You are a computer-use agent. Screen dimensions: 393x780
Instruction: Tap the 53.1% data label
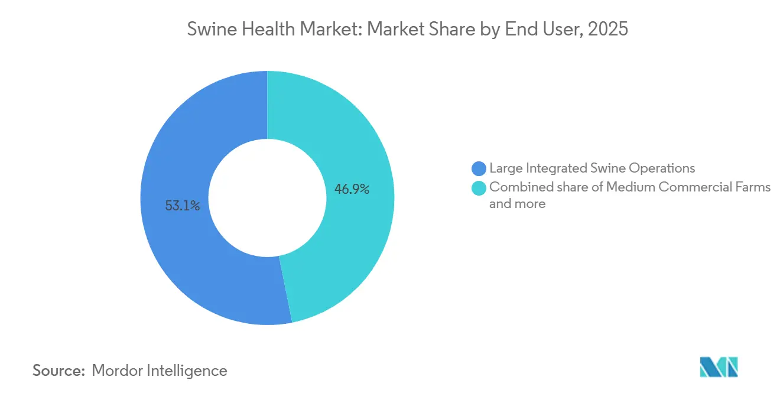pyautogui.click(x=183, y=206)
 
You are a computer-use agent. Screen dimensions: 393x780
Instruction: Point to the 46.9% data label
pyautogui.click(x=352, y=189)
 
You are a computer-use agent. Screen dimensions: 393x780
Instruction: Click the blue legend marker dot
pyautogui.click(x=479, y=168)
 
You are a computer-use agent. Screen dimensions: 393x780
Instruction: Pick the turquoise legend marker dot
pyautogui.click(x=479, y=188)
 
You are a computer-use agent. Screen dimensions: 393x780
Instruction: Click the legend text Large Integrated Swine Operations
pyautogui.click(x=592, y=168)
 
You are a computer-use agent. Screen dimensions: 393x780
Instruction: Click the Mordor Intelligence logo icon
pyautogui.click(x=719, y=367)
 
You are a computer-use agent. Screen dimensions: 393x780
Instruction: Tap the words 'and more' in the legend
pyautogui.click(x=517, y=204)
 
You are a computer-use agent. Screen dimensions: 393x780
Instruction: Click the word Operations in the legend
pyautogui.click(x=662, y=168)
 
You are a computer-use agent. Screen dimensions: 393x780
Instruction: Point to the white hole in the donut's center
pyautogui.click(x=267, y=199)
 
